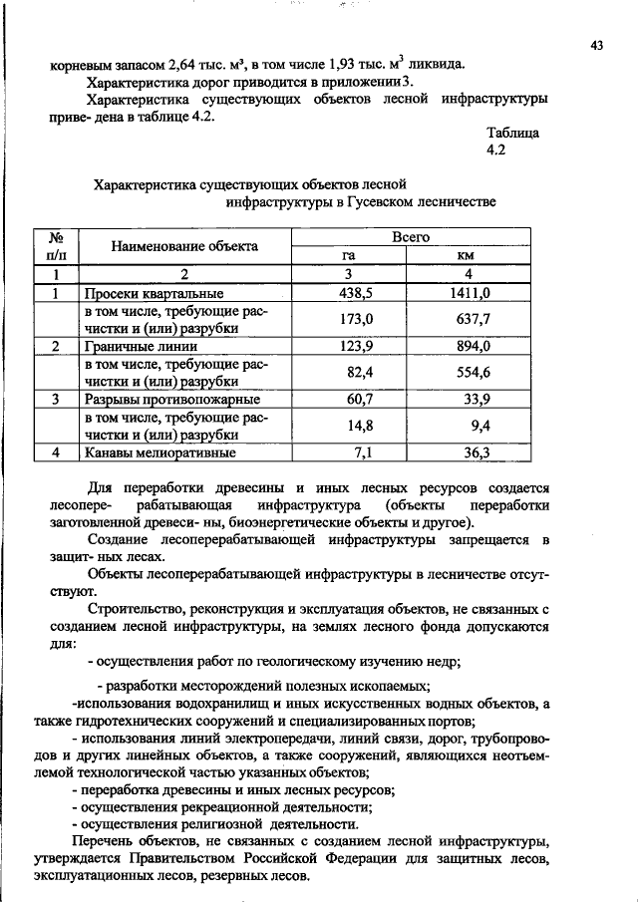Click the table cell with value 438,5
(x=349, y=293)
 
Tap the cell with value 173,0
(x=349, y=319)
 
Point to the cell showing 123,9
(x=349, y=346)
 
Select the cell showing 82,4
(x=349, y=372)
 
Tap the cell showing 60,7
(x=349, y=399)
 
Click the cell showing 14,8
(x=349, y=426)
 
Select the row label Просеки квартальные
(x=153, y=294)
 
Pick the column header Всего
(x=410, y=237)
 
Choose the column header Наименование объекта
(x=184, y=246)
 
